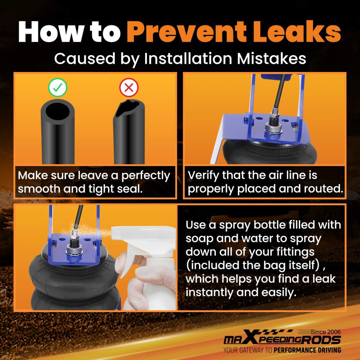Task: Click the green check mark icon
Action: click(x=58, y=87)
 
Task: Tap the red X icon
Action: click(x=129, y=87)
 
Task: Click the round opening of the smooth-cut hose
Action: click(x=58, y=111)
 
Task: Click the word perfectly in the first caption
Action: click(x=146, y=176)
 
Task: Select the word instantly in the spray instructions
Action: click(x=209, y=292)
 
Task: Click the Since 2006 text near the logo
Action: click(x=326, y=332)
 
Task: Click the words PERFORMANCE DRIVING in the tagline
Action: click(x=307, y=350)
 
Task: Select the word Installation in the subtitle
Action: click(x=188, y=59)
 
